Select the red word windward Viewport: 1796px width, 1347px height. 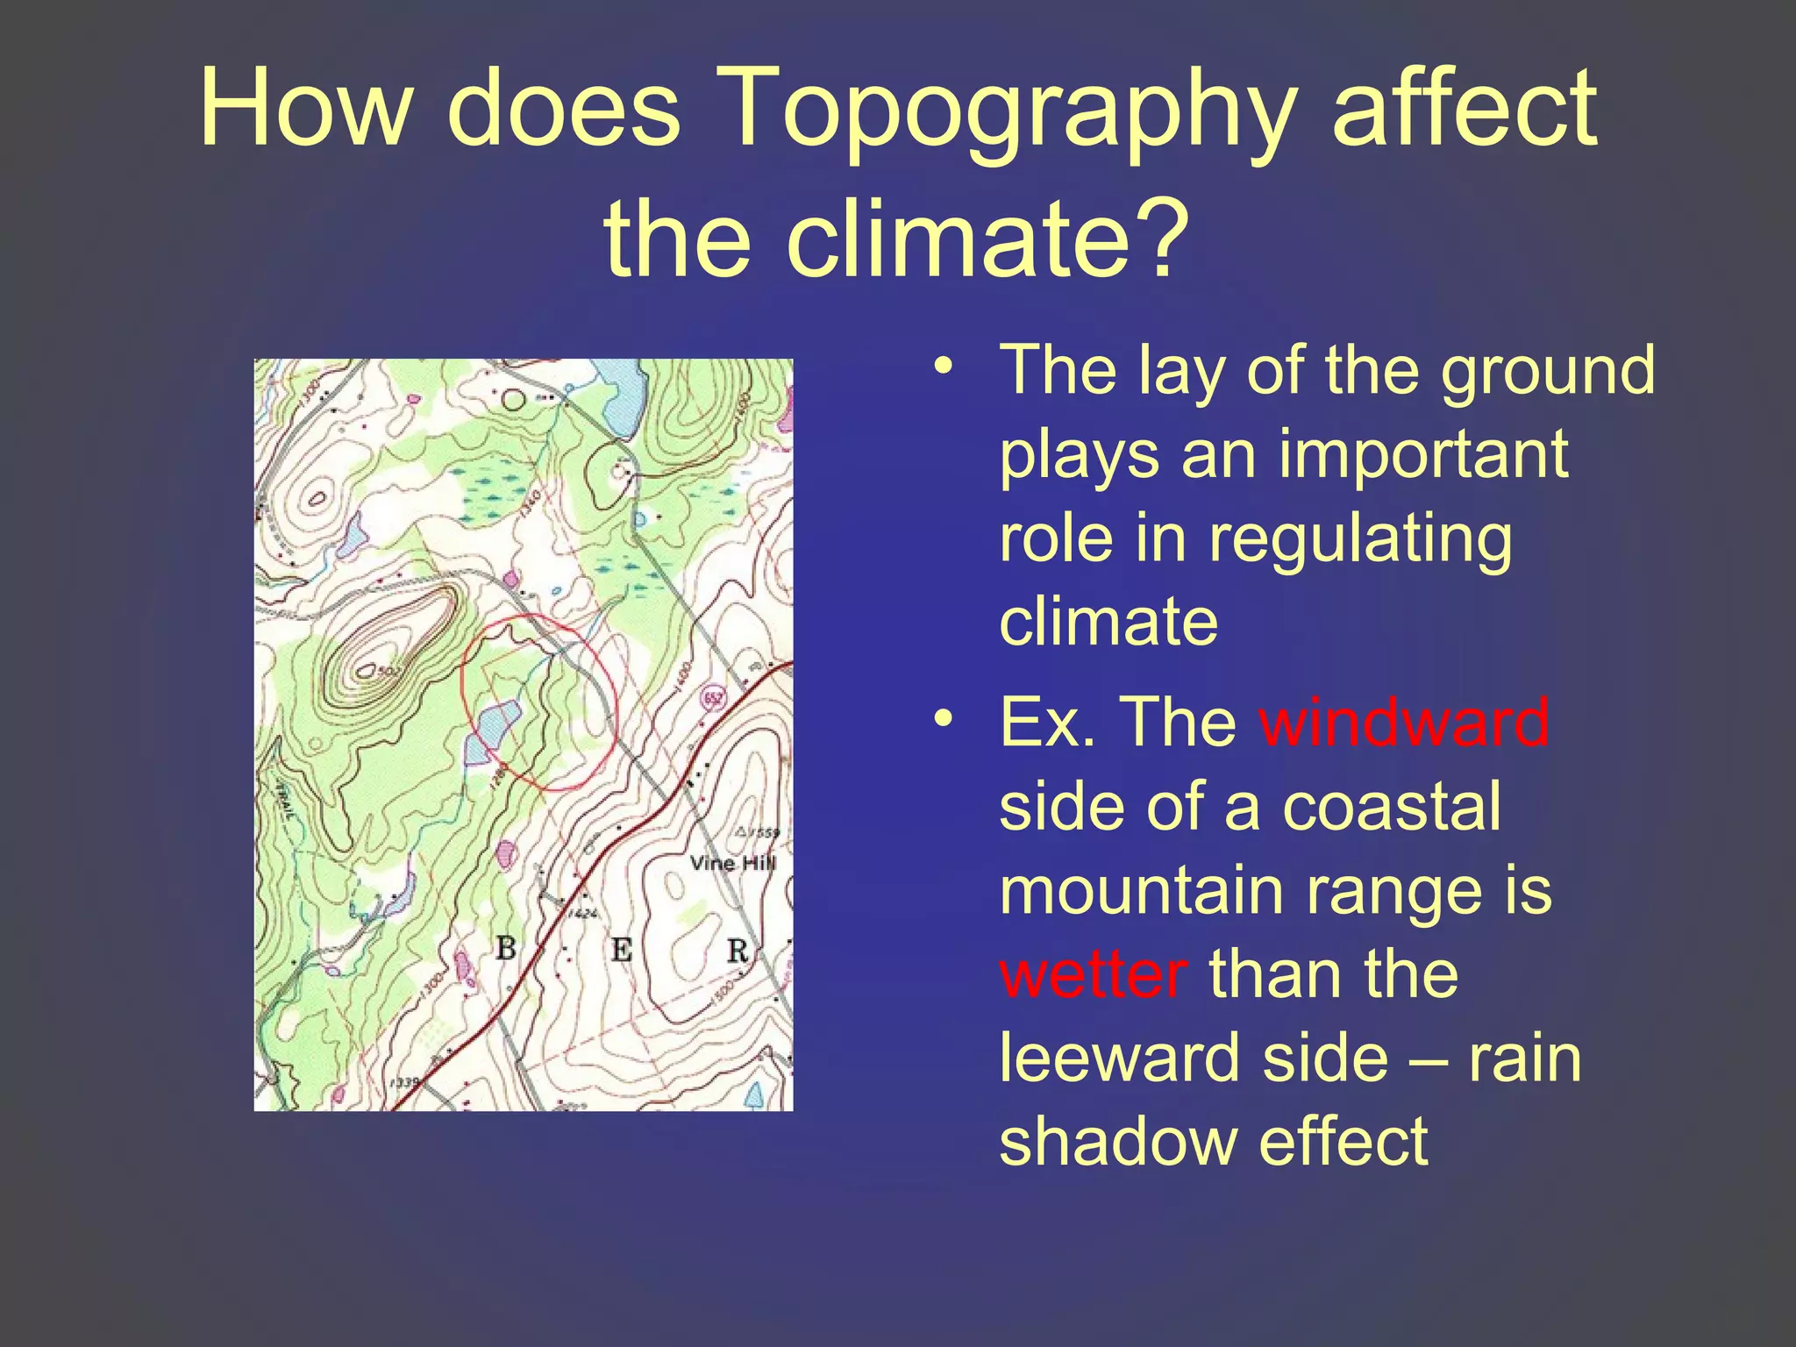1404,722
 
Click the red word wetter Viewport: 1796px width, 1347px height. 1093,974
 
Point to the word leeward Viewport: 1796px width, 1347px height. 1118,1058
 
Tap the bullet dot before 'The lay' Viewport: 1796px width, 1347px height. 943,367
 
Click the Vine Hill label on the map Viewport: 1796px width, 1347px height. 732,863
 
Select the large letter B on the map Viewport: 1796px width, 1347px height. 506,948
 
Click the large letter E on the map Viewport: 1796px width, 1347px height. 622,950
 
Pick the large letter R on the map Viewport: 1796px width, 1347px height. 738,951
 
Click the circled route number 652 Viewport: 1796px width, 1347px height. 713,700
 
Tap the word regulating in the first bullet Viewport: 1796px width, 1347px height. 1360,538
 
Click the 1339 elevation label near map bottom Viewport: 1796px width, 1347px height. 404,1084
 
